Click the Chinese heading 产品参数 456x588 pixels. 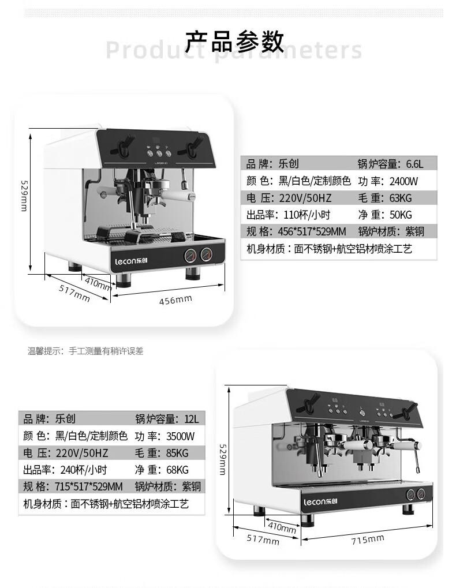point(235,42)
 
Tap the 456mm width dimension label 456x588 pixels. point(175,300)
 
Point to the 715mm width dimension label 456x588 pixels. point(368,540)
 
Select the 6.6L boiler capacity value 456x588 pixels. point(415,164)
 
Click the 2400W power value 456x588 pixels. point(403,181)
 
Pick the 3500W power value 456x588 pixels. point(180,436)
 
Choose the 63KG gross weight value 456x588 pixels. point(401,197)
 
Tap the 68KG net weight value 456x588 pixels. point(177,470)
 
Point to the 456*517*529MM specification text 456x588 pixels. point(312,231)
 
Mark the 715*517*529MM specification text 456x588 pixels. point(89,486)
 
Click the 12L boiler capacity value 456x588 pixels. point(192,419)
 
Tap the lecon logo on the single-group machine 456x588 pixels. point(131,261)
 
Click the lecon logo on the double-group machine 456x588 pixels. point(320,501)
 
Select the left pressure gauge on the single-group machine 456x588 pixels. point(190,255)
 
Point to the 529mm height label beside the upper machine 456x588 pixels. point(24,196)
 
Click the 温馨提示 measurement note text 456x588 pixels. point(85,351)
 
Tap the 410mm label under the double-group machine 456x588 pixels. point(282,527)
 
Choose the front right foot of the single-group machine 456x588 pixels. point(193,274)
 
